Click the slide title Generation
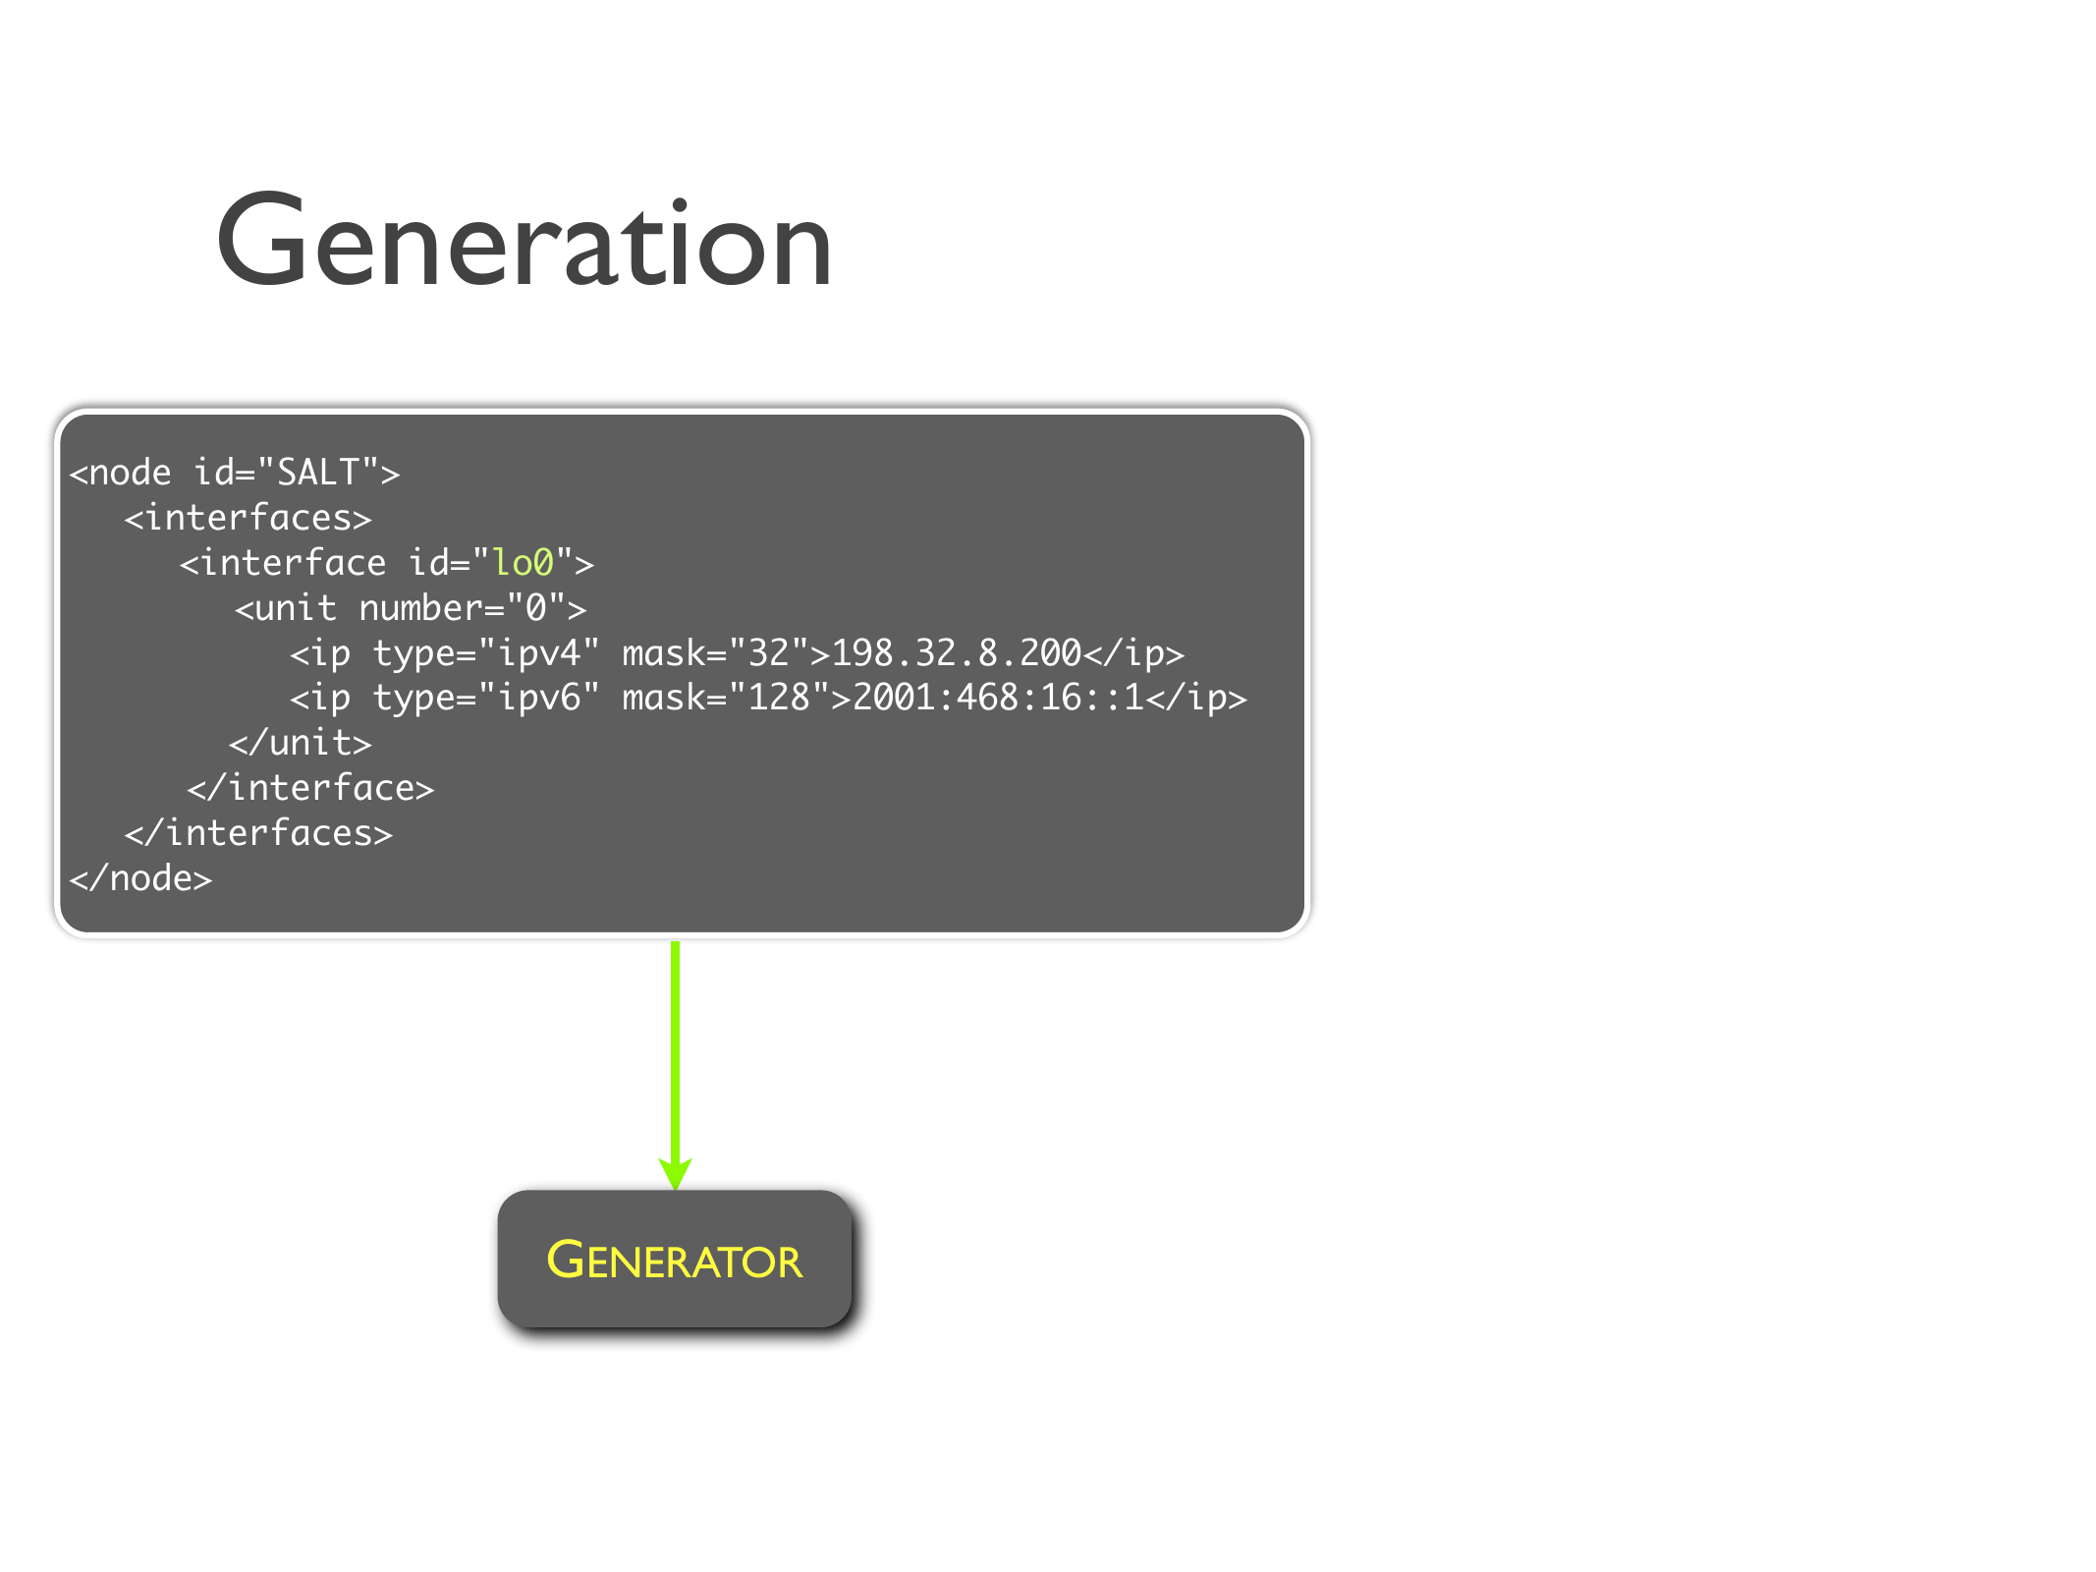point(524,242)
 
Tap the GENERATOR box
point(674,1259)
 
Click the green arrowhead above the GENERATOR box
point(675,1173)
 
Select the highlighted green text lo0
point(523,563)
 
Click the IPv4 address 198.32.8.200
point(956,652)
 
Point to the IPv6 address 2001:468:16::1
point(997,698)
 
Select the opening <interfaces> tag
point(248,518)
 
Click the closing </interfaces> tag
point(258,833)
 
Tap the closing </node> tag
point(140,878)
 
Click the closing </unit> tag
point(300,743)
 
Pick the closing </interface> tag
point(310,788)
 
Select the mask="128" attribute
point(725,698)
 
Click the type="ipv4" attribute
point(485,652)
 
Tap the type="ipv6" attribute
point(485,698)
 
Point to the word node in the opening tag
point(130,473)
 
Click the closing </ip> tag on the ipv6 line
point(1195,698)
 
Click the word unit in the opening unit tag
point(295,608)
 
